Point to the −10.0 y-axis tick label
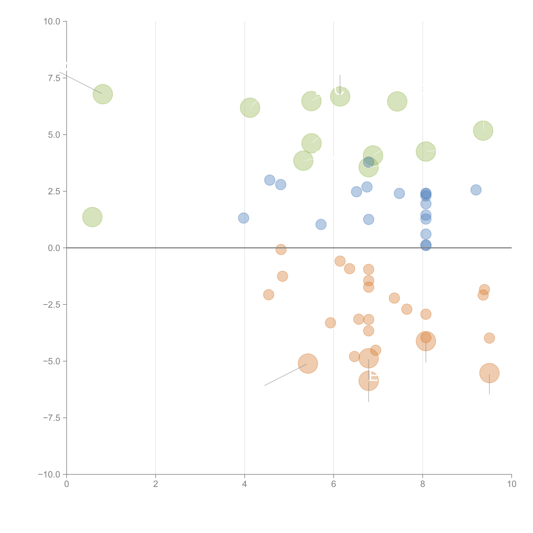point(49,474)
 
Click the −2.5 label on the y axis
point(52,305)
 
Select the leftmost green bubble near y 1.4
point(92,217)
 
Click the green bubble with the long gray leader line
point(103,94)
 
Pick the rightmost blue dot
point(476,190)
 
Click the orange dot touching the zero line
point(281,249)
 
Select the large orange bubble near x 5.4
point(308,364)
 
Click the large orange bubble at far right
point(489,373)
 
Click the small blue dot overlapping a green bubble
point(369,162)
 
